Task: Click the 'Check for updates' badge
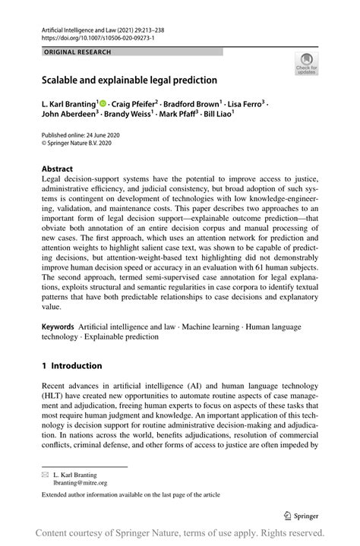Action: pyautogui.click(x=308, y=65)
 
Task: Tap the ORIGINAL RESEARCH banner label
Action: pyautogui.click(x=77, y=52)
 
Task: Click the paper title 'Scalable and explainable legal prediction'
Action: pyautogui.click(x=129, y=80)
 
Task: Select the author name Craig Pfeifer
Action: pyautogui.click(x=134, y=103)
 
